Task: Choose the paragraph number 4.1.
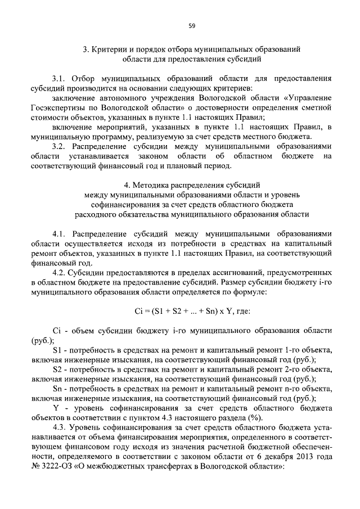click(x=59, y=235)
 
